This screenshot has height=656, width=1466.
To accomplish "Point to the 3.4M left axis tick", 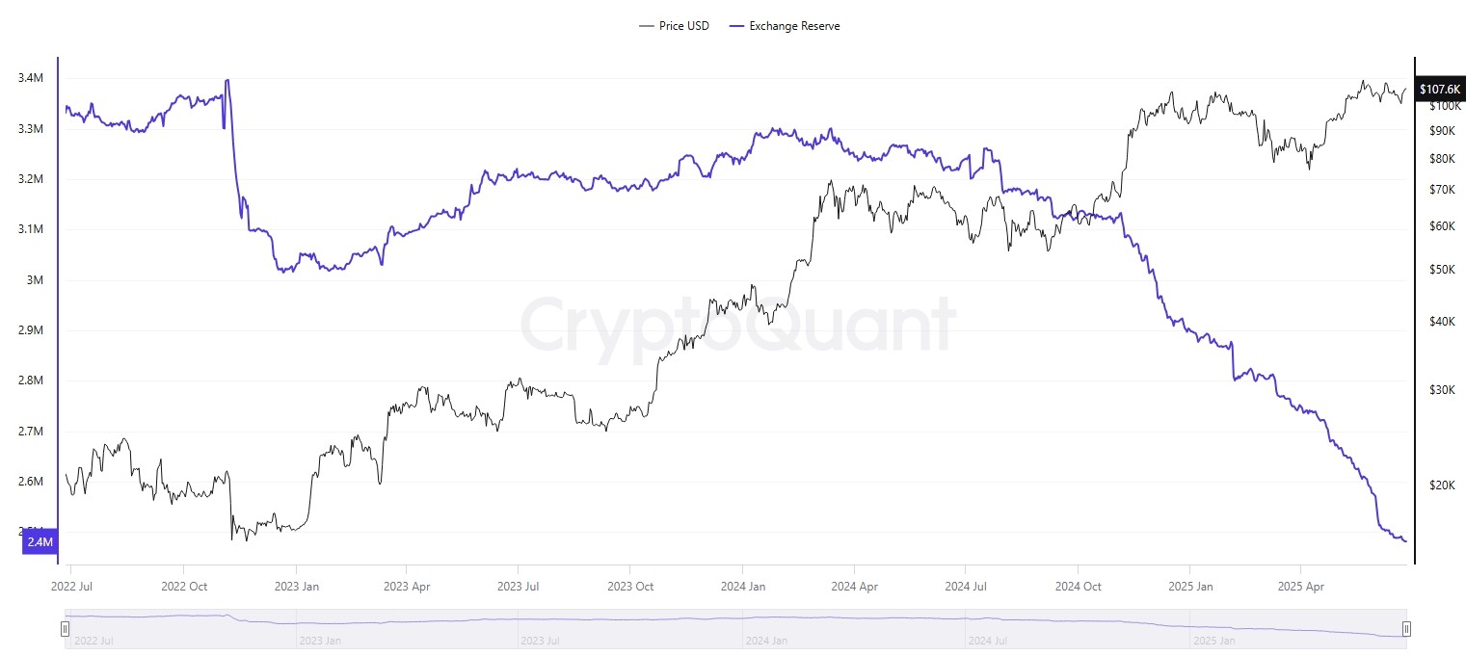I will (31, 78).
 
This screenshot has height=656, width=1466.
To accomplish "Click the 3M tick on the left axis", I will (37, 280).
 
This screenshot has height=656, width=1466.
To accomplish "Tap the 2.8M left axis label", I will (31, 380).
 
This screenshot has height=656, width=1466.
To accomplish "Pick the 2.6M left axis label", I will (31, 482).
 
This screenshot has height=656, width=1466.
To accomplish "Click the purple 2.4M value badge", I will (40, 542).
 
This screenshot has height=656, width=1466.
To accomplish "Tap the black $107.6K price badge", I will (1440, 89).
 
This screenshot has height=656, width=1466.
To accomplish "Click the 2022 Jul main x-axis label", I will (72, 586).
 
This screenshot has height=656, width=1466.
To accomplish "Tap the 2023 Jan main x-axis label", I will (296, 586).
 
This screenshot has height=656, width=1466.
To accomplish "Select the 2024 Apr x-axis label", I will (855, 586).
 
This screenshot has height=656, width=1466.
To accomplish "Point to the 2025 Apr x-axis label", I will (1300, 586).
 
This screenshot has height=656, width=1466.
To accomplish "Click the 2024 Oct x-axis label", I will (1078, 586).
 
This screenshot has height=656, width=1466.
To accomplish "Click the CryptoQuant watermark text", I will (737, 325).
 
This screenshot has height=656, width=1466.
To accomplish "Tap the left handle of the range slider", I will (65, 630).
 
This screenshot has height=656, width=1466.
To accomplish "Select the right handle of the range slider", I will (1406, 630).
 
